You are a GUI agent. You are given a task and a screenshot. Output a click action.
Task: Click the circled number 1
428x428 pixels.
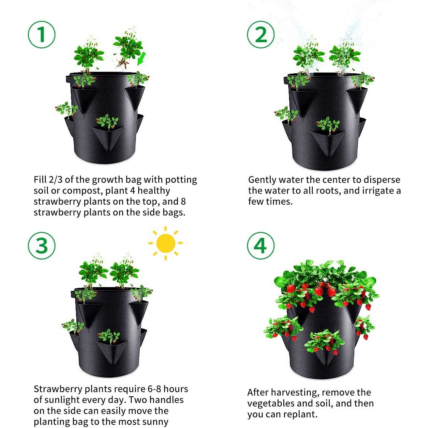[42, 34]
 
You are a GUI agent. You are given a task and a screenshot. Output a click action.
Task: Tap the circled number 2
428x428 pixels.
[261, 34]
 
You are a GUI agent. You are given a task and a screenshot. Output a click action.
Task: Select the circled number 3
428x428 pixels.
[42, 245]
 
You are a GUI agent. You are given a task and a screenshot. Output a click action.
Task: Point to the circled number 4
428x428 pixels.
[260, 245]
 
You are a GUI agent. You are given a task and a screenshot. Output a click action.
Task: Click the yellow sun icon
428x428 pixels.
[165, 243]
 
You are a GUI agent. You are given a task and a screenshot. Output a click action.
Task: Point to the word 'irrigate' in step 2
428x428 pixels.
[375, 191]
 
